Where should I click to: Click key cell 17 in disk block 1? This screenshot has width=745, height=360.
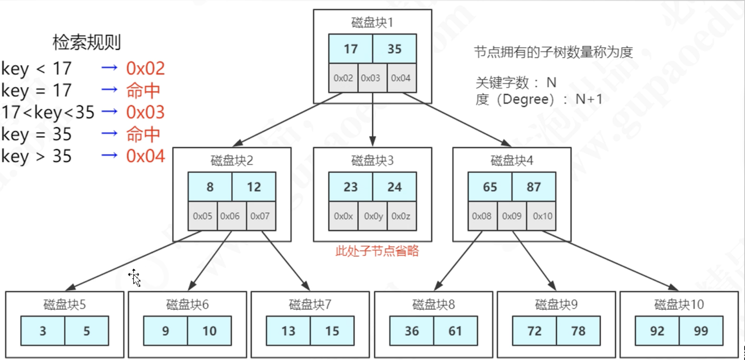351,49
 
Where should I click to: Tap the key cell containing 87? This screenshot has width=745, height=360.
534,187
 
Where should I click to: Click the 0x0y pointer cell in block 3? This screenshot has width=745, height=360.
373,216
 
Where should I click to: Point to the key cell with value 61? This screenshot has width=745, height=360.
455,331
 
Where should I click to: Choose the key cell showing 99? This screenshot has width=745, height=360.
701,331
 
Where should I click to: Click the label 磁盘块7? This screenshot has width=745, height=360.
310,305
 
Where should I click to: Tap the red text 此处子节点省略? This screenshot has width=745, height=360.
377,251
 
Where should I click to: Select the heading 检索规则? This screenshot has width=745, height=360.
87,43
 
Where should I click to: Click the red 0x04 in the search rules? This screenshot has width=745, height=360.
145,156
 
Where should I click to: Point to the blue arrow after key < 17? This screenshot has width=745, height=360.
109,68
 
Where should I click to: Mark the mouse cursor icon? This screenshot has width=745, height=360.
135,277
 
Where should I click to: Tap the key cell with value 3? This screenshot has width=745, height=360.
43,331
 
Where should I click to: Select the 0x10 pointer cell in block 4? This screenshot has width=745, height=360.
542,216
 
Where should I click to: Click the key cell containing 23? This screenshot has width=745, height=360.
351,187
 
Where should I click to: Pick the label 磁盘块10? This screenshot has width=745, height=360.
679,305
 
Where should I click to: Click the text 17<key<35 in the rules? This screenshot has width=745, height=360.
48,112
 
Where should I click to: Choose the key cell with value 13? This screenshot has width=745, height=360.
288,331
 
